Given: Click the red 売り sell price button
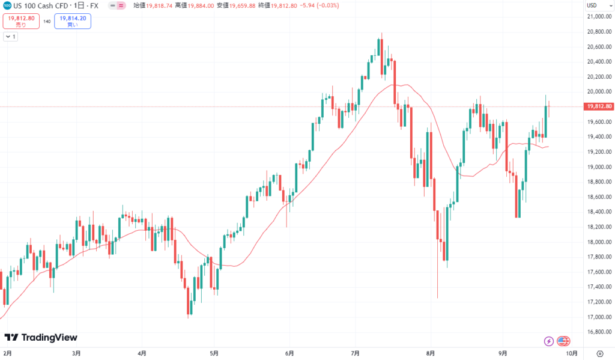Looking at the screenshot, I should click(x=21, y=21).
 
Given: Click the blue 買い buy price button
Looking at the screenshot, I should click(x=72, y=21).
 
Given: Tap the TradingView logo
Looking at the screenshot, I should click(x=41, y=338).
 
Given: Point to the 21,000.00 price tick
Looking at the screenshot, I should click(x=598, y=17).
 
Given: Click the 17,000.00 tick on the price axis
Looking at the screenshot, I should click(x=598, y=317).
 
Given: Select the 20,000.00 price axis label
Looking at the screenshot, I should click(x=598, y=92).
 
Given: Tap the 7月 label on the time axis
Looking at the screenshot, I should click(x=356, y=353).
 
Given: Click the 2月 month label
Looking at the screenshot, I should click(x=8, y=353).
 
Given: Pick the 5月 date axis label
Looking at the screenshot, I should click(x=214, y=353).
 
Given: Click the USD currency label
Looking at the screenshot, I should click(x=592, y=5).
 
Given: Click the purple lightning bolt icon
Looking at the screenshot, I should click(x=548, y=341).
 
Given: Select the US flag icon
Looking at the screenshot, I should click(x=563, y=341).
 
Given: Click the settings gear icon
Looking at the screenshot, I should click(x=599, y=353).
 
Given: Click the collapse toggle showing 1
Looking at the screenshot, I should click(x=10, y=37).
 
